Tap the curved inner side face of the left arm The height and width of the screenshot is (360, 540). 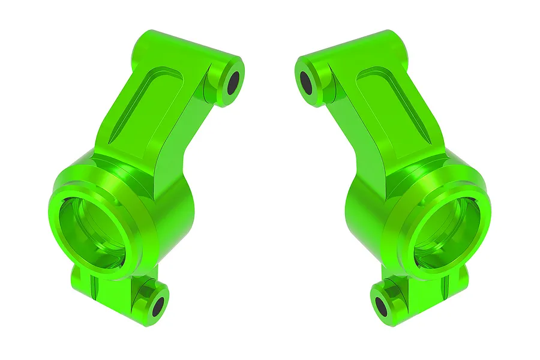tap(180, 144)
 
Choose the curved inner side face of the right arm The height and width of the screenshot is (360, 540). tap(360, 144)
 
